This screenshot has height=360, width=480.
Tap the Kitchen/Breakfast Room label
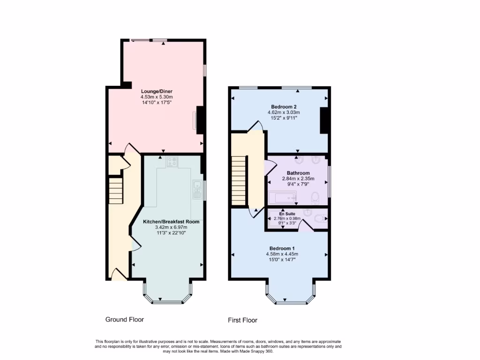point(171,221)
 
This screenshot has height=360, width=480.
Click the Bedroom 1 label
point(282,248)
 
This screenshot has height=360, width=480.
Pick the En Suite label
point(287,213)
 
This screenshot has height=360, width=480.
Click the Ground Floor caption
point(124,319)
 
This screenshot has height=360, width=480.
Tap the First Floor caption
point(242,320)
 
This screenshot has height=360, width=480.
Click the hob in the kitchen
point(172,162)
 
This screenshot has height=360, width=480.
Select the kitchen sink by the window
point(196,188)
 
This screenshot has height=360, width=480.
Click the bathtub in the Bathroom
point(283,198)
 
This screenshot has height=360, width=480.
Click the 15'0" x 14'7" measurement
point(282,259)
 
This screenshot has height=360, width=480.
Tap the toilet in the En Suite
point(320,218)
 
